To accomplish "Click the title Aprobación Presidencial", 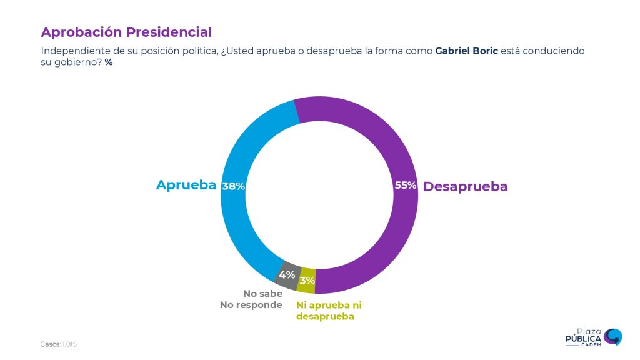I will click(126, 32).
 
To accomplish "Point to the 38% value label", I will click(233, 186).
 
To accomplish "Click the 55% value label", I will click(406, 186).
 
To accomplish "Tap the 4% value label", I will click(287, 275).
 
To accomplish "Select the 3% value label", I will click(307, 281).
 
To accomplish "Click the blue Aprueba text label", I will click(186, 185).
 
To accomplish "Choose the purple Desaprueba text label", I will click(466, 186).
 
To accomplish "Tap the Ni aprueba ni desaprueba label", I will click(329, 311).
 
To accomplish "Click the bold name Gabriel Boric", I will click(466, 51).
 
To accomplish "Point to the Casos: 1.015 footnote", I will click(58, 344).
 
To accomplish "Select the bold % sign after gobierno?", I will click(109, 63).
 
